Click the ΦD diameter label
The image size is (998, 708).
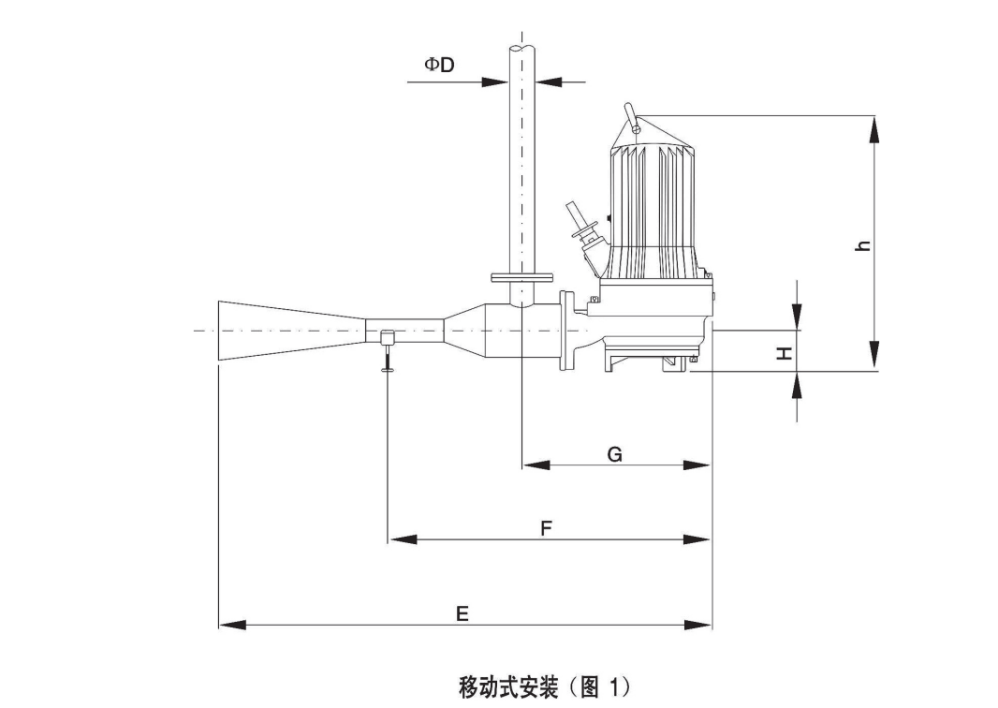point(439,65)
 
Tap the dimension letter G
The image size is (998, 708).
point(614,454)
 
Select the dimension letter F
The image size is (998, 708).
point(547,529)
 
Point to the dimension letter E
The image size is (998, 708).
point(462,614)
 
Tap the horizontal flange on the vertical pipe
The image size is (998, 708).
point(521,277)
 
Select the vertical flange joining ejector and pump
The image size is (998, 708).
point(565,331)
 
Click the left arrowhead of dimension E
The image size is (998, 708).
point(230,625)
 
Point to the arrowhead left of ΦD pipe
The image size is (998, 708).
point(495,81)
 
